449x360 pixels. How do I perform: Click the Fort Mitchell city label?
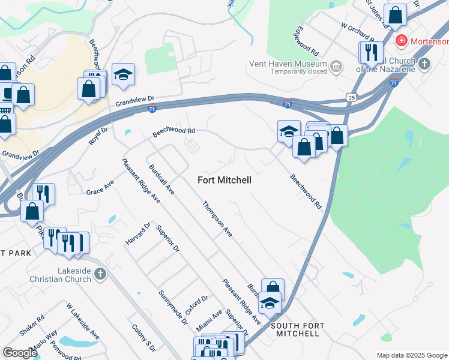tap(224, 179)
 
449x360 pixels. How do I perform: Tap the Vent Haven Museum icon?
tap(336, 64)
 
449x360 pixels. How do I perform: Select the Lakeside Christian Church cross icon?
tap(100, 275)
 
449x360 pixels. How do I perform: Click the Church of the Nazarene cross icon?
tap(424, 64)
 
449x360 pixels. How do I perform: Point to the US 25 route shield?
tap(351, 97)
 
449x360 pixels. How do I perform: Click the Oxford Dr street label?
tap(196, 305)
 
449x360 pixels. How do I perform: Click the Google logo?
tap(20, 353)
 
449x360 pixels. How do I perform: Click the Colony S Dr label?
tap(143, 338)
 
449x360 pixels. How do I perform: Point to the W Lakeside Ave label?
tap(83, 323)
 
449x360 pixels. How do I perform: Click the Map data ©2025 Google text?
tap(411, 355)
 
